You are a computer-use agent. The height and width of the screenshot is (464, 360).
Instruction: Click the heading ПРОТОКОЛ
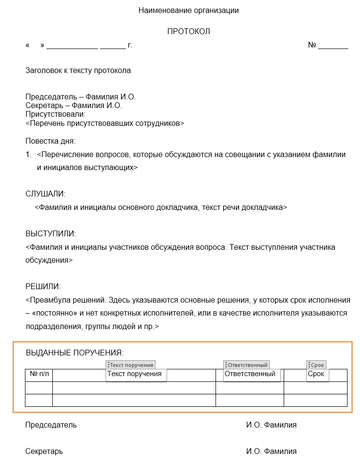click(189, 32)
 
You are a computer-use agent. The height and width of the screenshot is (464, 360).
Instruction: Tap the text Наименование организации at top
click(189, 10)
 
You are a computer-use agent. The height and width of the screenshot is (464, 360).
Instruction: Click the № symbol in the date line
click(312, 45)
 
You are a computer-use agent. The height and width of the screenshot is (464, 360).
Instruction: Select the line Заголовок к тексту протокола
click(78, 71)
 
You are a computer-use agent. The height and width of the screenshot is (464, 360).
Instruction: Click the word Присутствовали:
click(55, 114)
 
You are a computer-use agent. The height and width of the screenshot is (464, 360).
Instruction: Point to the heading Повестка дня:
click(50, 141)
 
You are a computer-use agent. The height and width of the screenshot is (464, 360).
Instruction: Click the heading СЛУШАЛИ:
click(46, 194)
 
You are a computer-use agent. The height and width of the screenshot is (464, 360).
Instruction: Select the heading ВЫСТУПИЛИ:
click(50, 234)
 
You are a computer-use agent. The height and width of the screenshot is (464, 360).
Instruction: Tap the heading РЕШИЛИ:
click(43, 287)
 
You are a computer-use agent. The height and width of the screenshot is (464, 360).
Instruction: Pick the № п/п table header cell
click(39, 374)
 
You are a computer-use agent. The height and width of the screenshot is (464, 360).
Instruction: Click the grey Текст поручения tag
click(131, 365)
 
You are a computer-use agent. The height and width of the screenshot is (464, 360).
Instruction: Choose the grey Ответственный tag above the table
click(247, 365)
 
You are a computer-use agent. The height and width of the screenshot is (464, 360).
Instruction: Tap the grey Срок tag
click(317, 365)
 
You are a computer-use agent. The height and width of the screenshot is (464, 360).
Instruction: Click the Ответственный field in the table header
click(250, 374)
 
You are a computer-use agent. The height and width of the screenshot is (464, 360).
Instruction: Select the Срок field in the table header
click(316, 374)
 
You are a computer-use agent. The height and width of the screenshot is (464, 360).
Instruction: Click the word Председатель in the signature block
click(51, 425)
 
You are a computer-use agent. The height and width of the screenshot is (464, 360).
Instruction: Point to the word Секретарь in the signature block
click(44, 452)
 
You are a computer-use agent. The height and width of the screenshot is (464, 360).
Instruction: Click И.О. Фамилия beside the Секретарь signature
click(271, 452)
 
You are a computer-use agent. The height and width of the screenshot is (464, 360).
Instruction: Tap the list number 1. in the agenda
click(28, 155)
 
